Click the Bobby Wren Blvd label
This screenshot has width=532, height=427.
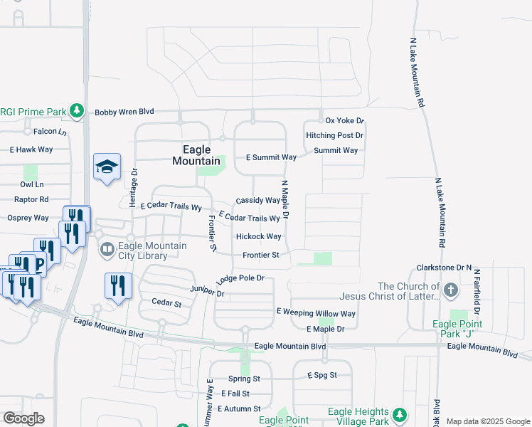(x=124, y=112)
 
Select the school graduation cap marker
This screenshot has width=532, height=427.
(x=107, y=167)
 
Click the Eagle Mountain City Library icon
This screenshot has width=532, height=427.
(x=107, y=250)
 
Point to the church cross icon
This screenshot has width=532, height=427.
(x=450, y=290)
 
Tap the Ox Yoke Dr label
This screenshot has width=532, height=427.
(x=344, y=121)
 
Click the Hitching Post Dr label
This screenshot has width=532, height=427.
(x=334, y=135)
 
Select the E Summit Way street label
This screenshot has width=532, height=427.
(x=271, y=157)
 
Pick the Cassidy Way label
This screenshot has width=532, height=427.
(x=257, y=201)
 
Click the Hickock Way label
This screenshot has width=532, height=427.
(x=258, y=236)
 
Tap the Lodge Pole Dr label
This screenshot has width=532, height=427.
(x=240, y=278)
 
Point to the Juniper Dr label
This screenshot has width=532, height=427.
(x=207, y=292)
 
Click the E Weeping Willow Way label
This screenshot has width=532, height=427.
(x=315, y=313)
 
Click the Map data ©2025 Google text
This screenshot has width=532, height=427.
(x=488, y=421)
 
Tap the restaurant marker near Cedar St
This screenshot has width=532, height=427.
(x=118, y=285)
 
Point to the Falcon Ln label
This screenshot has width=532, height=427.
(x=50, y=132)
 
